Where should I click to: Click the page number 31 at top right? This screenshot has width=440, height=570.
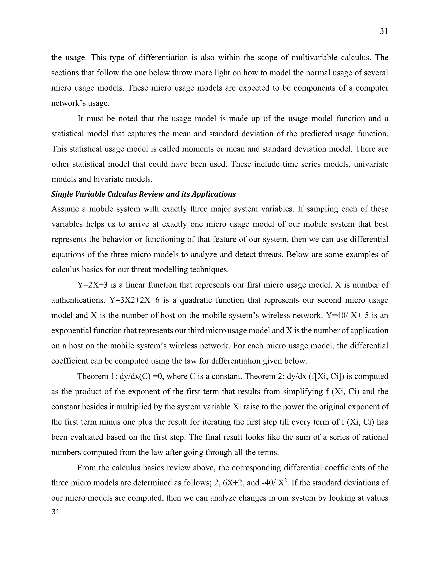[x=384, y=31]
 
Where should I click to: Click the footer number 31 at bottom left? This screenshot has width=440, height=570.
[x=55, y=512]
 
